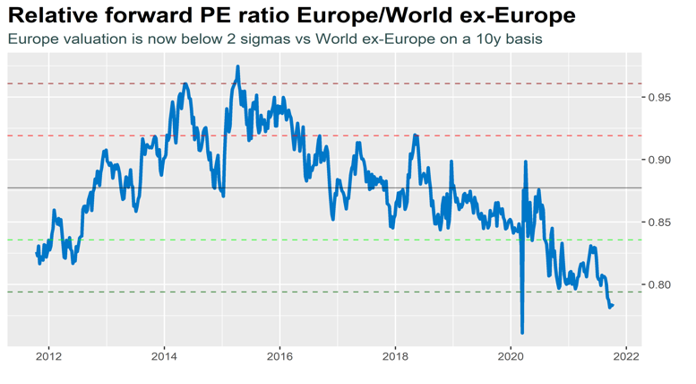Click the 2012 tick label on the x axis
pos(48,355)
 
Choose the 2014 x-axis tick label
pos(164,355)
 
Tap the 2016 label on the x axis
pos(279,355)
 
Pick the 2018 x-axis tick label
pos(395,355)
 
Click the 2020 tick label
pos(511,355)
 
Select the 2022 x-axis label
pos(626,355)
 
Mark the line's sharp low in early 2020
pos(522,333)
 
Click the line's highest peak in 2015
pos(237,66)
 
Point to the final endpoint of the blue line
pos(613,305)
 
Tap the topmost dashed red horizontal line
pos(358,83)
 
